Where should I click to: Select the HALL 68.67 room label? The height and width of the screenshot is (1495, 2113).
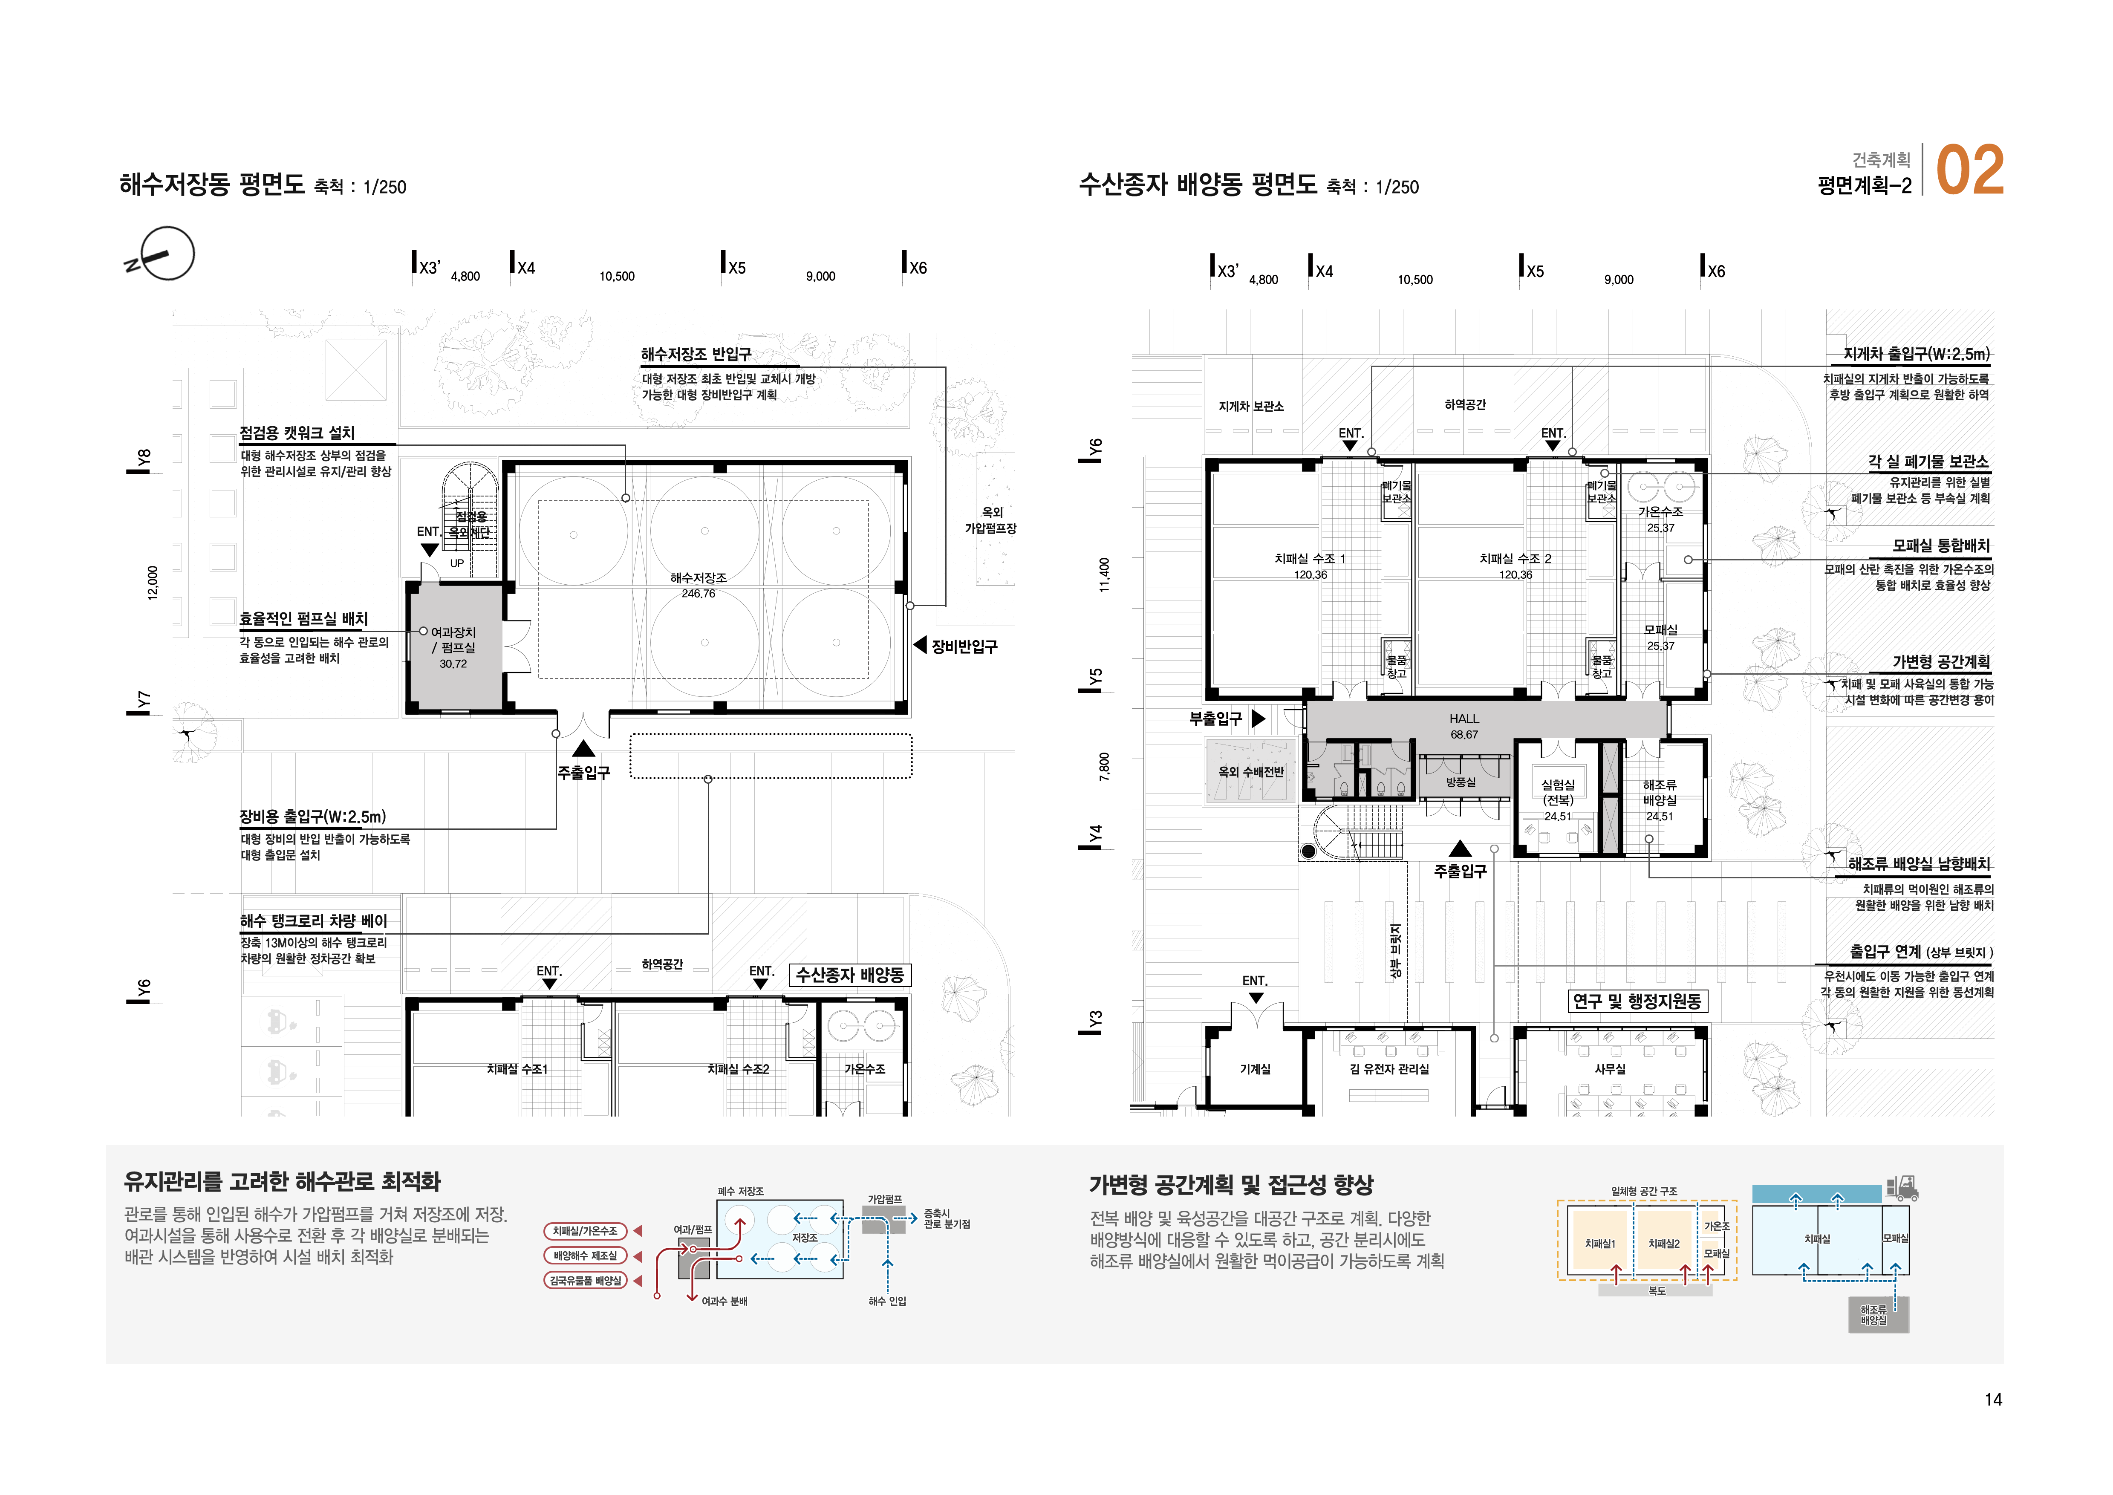[x=1464, y=726]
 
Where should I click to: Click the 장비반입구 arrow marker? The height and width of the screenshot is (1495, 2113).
[x=920, y=645]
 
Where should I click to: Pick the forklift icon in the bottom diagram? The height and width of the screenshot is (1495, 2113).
[x=1901, y=1188]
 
